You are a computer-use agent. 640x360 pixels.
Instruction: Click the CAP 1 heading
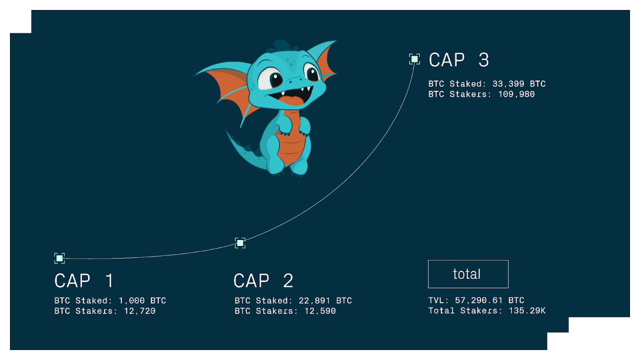84,280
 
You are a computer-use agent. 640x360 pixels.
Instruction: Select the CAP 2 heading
263,280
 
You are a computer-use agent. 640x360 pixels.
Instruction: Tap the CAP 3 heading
459,60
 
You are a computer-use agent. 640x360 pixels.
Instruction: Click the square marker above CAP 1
59,258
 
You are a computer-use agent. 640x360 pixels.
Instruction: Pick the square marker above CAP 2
240,243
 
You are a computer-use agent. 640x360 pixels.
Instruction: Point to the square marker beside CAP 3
414,59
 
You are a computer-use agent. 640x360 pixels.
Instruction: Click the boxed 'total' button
468,274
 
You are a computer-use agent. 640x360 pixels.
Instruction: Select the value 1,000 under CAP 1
131,300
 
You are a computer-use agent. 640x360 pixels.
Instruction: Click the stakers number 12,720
139,311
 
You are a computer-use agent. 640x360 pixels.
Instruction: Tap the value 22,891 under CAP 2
314,300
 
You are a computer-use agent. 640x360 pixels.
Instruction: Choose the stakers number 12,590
320,311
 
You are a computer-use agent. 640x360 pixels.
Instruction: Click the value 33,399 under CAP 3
508,83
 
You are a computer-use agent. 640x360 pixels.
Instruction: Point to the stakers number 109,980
516,94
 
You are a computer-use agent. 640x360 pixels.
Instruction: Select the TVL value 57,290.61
478,300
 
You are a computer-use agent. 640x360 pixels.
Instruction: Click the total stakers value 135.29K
527,310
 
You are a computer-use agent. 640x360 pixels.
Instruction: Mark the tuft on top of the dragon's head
281,45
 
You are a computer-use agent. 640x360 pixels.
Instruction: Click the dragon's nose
295,81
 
